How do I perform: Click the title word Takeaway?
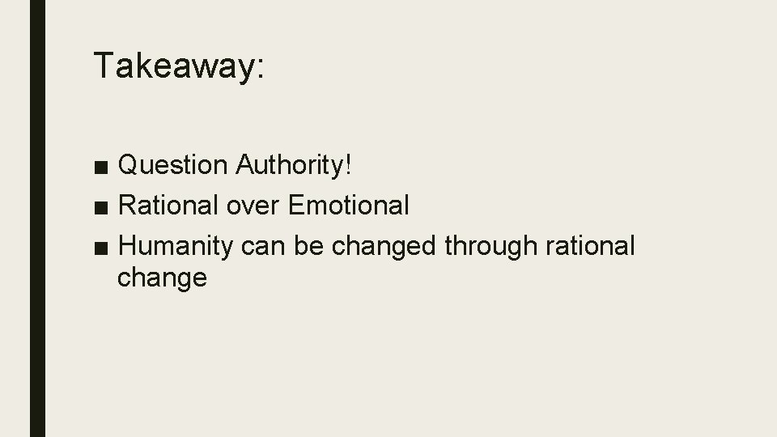[x=174, y=66]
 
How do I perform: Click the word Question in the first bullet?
[x=172, y=166]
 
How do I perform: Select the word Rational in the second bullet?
[x=168, y=206]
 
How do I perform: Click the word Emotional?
[x=349, y=206]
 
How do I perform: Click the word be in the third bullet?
[x=310, y=245]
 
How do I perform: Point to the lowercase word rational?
[x=592, y=245]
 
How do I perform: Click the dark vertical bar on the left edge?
[x=37, y=218]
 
